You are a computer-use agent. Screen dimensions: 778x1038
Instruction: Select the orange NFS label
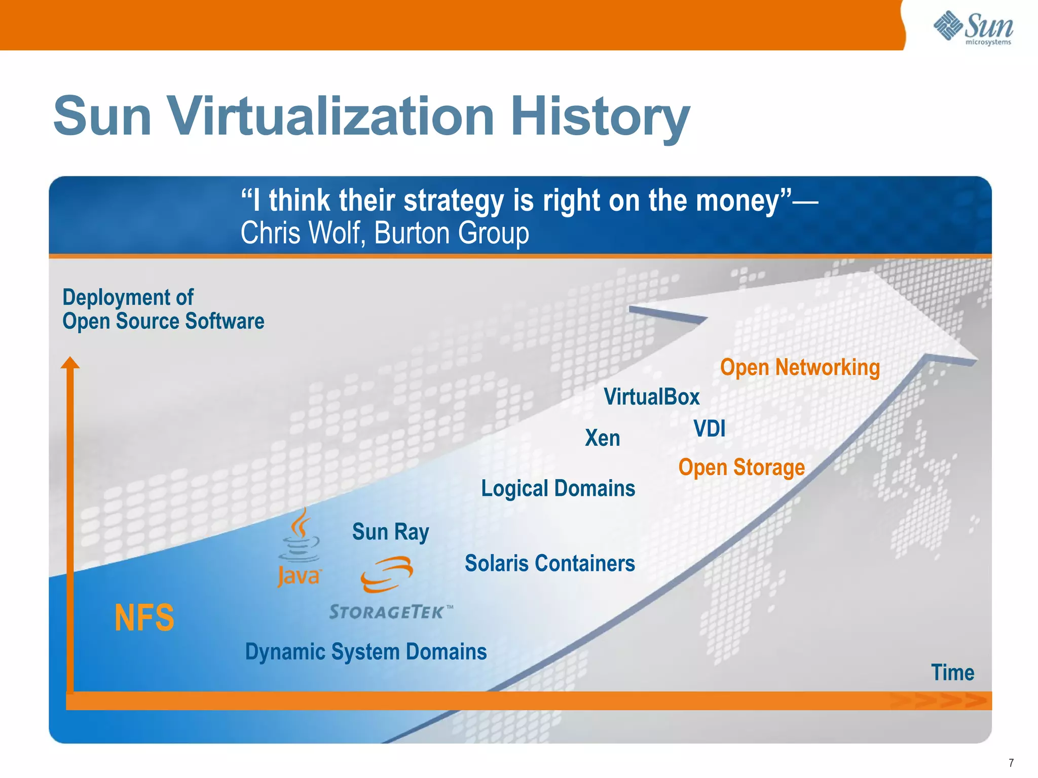click(144, 618)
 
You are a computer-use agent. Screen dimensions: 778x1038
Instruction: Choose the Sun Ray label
click(390, 532)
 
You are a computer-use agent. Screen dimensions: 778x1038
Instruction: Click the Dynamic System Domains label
click(365, 652)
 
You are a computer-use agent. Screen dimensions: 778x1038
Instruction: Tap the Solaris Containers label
click(549, 563)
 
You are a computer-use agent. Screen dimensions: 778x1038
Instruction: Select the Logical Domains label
click(558, 489)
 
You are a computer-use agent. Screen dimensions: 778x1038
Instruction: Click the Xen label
click(602, 438)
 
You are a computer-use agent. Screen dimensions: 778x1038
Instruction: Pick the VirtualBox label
click(651, 397)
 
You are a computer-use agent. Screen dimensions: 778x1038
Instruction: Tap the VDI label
click(709, 429)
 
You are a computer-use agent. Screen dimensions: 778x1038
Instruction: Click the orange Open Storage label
click(741, 468)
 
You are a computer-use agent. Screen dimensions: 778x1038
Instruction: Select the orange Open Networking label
click(800, 368)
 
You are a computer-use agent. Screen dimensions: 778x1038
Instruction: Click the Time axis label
click(952, 673)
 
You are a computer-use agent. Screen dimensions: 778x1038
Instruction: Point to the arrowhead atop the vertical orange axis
click(70, 363)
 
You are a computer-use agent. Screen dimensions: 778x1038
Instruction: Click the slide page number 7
click(1011, 763)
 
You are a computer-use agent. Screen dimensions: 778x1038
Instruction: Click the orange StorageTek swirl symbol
click(387, 574)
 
